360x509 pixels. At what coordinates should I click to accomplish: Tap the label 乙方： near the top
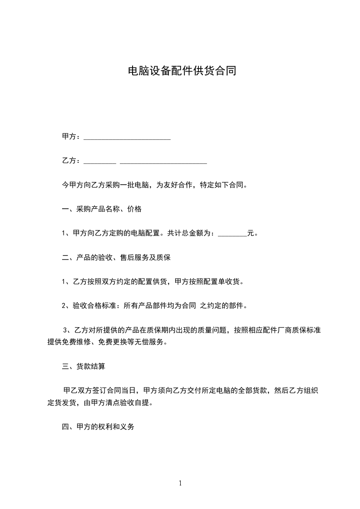[x=72, y=161]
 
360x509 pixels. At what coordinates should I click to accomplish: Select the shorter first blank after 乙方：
[x=100, y=162]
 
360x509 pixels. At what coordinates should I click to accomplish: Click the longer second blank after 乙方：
[x=163, y=162]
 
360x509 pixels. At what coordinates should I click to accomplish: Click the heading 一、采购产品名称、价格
[x=102, y=209]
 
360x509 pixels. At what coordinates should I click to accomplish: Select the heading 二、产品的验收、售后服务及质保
[x=116, y=258]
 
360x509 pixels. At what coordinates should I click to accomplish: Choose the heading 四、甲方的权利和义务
[x=98, y=427]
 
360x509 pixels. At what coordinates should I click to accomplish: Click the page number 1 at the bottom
[x=180, y=483]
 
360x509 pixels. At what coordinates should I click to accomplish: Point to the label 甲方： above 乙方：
[x=72, y=137]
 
